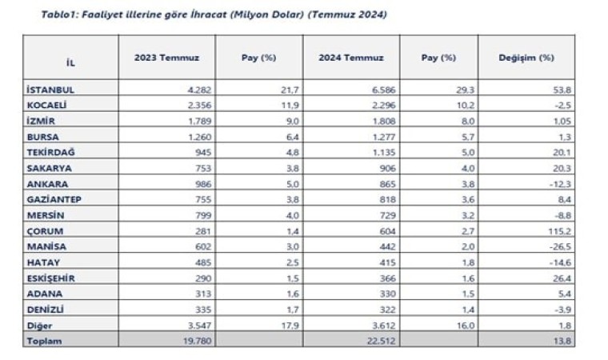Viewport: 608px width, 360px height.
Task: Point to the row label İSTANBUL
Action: (52, 90)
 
